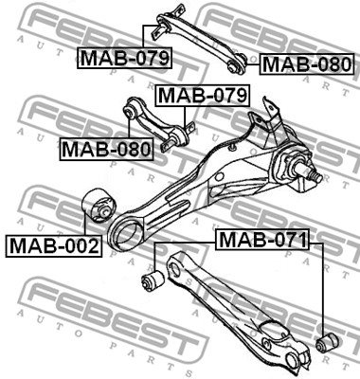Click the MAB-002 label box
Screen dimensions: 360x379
pos(54,246)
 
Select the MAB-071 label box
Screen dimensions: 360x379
pos(262,240)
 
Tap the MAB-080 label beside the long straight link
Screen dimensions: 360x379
pos(307,64)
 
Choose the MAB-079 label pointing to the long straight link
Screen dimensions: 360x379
pos(125,58)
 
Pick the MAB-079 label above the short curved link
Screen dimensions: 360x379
pos(202,95)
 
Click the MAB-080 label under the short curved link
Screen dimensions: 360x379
pos(106,150)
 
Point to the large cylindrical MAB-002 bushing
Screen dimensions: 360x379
pos(99,207)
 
